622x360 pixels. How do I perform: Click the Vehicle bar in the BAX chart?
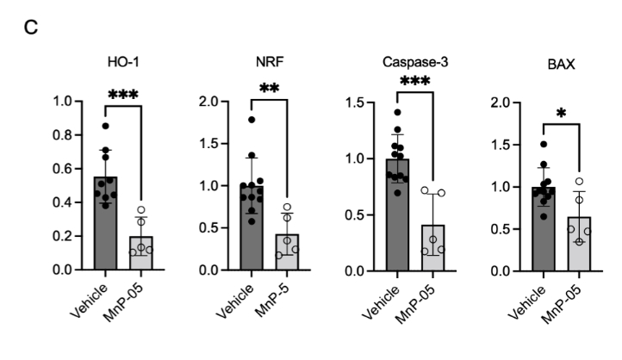click(542, 233)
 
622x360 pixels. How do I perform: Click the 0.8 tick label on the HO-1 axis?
click(63, 134)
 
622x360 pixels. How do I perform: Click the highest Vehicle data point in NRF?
click(252, 120)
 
